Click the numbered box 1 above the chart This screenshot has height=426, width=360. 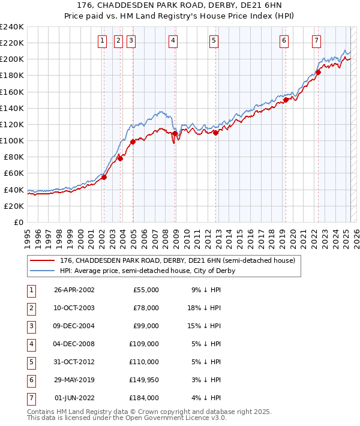pyautogui.click(x=103, y=41)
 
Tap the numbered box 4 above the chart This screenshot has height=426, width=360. pyautogui.click(x=173, y=41)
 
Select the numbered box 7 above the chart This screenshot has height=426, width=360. pyautogui.click(x=316, y=41)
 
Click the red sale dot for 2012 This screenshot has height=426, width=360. pyautogui.click(x=215, y=133)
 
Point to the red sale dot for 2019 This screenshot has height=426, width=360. pyautogui.click(x=286, y=100)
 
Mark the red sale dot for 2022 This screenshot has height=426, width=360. pyautogui.click(x=318, y=73)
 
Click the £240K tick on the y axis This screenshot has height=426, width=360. pyautogui.click(x=12, y=27)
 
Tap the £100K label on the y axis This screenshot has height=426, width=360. pyautogui.click(x=12, y=140)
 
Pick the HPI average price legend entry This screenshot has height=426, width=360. pyautogui.click(x=147, y=271)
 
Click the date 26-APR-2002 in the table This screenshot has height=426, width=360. pyautogui.click(x=74, y=290)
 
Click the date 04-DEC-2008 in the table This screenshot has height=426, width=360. pyautogui.click(x=74, y=344)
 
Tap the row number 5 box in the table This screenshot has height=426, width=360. pyautogui.click(x=30, y=362)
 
